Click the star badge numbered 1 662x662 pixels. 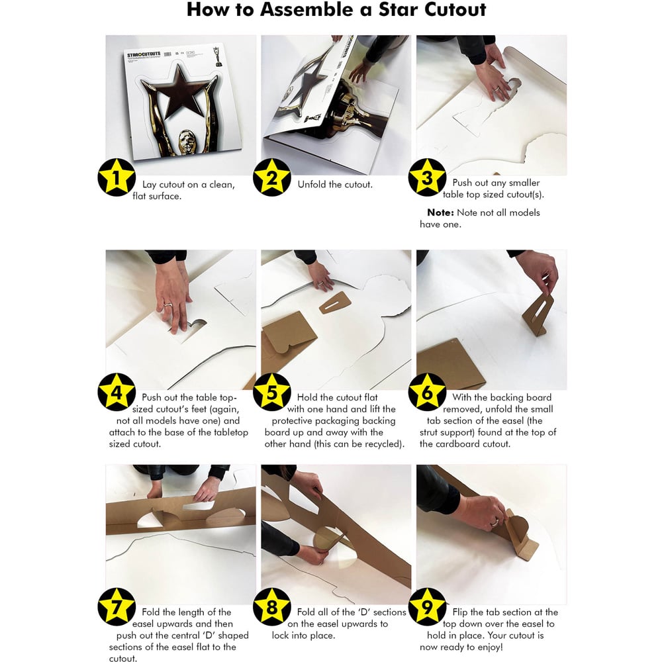click(x=117, y=177)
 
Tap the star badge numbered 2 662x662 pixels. click(x=272, y=177)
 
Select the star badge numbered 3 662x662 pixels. click(x=427, y=177)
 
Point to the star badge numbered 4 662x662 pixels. click(x=117, y=392)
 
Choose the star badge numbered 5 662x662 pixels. click(x=272, y=392)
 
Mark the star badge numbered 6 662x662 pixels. click(x=427, y=392)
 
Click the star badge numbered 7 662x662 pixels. click(x=117, y=606)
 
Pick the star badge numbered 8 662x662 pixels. click(x=272, y=606)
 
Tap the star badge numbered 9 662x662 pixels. click(x=427, y=606)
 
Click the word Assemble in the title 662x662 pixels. click(x=308, y=9)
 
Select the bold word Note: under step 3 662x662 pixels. click(x=440, y=213)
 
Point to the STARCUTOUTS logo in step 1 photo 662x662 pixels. click(x=144, y=54)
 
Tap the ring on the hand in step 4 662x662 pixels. click(x=168, y=304)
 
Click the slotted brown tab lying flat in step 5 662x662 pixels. click(x=335, y=303)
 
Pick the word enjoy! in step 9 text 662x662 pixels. click(x=489, y=647)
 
